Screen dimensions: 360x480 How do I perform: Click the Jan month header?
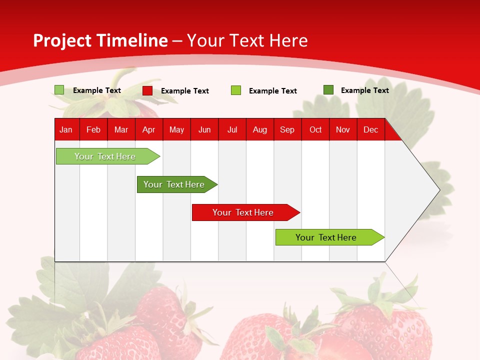pos(66,129)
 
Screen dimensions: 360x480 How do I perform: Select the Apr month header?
pos(148,129)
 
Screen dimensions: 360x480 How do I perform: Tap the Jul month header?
pos(232,129)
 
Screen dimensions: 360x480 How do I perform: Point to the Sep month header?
pos(287,129)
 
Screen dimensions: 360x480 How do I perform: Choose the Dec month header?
pos(370,129)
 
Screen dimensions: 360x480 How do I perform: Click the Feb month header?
pos(93,129)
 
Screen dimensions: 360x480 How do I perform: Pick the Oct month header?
pos(315,129)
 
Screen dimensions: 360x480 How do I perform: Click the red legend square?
pos(147,90)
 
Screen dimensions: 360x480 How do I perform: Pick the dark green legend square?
pos(328,90)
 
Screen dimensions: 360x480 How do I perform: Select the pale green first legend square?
pos(59,90)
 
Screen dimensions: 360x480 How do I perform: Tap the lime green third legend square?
pos(236,90)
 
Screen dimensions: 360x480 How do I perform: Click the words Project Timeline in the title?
pos(100,40)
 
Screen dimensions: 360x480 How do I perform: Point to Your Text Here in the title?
pos(247,40)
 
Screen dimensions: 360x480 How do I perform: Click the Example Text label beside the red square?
pos(185,91)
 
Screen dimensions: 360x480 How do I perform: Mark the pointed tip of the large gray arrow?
pos(438,189)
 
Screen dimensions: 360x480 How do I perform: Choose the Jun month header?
pos(204,129)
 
